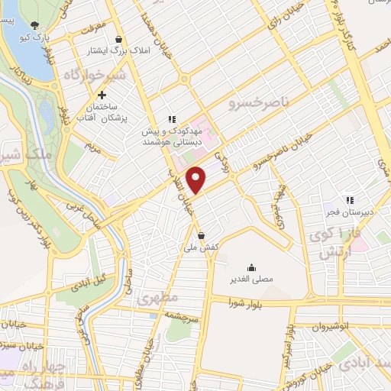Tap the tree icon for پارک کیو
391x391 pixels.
(x=34, y=25)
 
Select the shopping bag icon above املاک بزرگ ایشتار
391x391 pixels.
(x=118, y=40)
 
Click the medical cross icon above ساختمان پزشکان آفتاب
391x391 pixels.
(x=102, y=94)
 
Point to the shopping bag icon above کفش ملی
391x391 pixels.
(x=200, y=235)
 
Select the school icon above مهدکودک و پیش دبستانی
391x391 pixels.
(x=172, y=119)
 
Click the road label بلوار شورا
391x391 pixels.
(x=244, y=304)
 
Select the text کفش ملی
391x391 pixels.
(x=201, y=247)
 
